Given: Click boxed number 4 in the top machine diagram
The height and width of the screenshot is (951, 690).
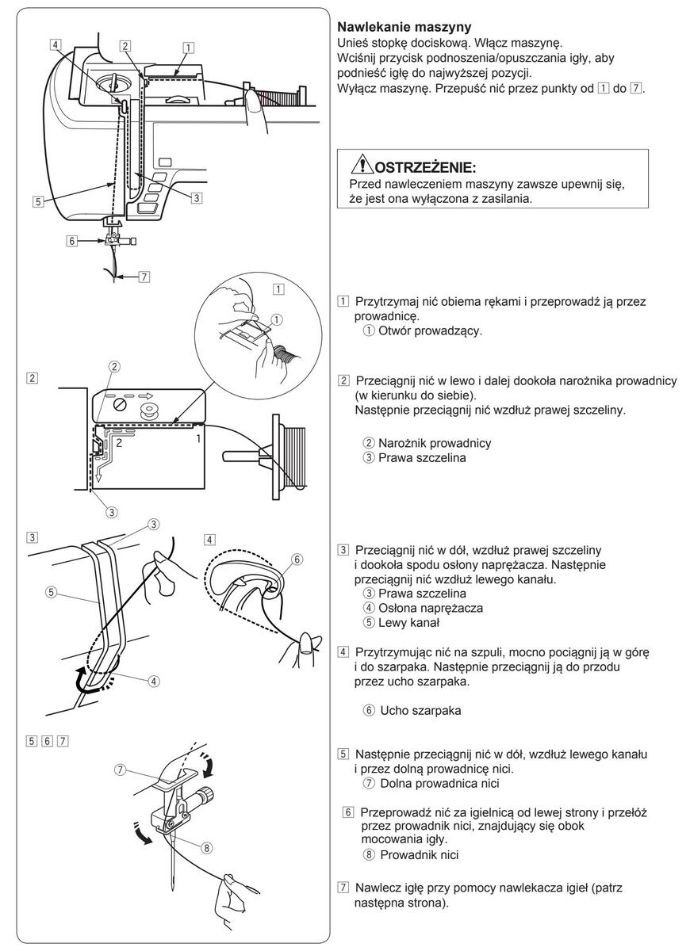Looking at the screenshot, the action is (56, 45).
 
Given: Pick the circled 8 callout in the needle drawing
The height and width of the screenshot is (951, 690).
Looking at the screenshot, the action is (206, 846).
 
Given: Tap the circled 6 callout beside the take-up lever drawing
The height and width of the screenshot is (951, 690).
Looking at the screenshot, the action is (297, 558).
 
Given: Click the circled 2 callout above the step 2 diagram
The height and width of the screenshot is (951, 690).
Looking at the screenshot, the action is (115, 366).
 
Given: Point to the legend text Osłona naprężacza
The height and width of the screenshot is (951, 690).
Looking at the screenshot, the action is (430, 608).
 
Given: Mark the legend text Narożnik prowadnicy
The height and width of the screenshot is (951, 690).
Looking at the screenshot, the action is (435, 442).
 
